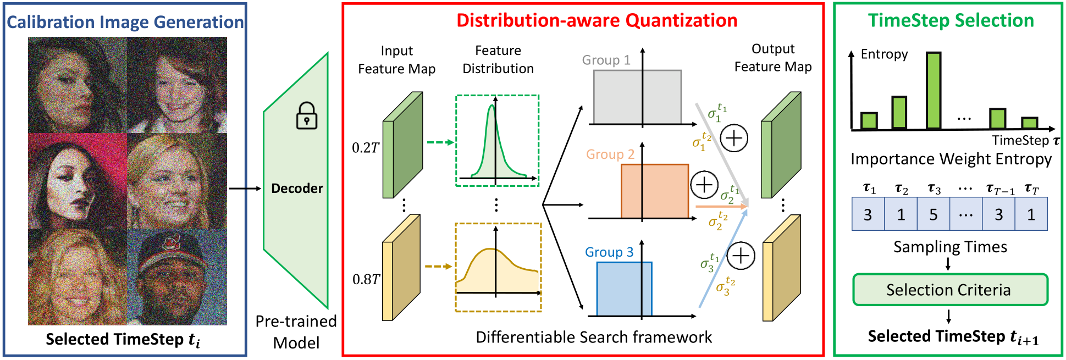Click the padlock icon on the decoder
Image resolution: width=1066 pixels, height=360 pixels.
(x=307, y=116)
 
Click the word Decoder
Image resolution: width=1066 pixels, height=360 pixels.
(x=297, y=189)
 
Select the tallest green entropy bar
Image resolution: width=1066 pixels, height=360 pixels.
(x=934, y=91)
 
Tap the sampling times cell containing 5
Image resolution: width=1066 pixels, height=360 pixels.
(x=934, y=214)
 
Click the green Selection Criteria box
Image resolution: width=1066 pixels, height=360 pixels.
(x=950, y=290)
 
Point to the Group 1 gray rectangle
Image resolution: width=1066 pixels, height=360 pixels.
(x=637, y=97)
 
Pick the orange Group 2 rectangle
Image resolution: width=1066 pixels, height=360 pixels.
(x=655, y=191)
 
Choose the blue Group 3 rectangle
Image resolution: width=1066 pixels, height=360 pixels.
(x=625, y=289)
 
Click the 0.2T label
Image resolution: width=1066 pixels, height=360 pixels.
(x=366, y=148)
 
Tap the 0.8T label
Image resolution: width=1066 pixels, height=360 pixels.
(x=366, y=279)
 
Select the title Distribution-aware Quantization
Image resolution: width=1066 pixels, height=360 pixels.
(x=597, y=20)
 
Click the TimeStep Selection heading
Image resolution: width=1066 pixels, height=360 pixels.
(x=951, y=21)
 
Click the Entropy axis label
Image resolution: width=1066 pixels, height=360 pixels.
(x=884, y=54)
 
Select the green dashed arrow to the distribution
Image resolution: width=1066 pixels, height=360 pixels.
(x=440, y=142)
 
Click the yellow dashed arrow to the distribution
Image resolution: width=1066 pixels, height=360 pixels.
(x=439, y=267)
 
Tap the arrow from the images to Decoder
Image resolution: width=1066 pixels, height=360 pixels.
(x=245, y=189)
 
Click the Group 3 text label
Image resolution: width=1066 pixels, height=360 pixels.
(x=609, y=252)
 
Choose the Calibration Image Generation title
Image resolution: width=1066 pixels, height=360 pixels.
(x=125, y=22)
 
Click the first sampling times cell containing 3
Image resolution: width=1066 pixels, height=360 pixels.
(x=868, y=214)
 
